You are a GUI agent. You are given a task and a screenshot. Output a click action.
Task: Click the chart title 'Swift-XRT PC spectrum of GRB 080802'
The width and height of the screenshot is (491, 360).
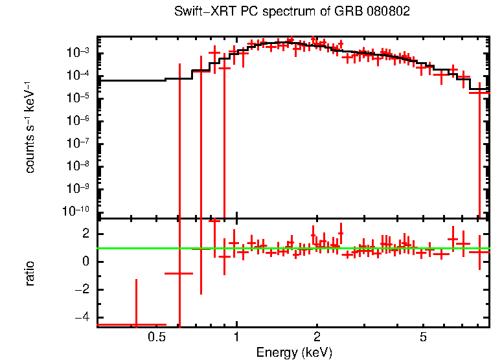pyautogui.click(x=292, y=12)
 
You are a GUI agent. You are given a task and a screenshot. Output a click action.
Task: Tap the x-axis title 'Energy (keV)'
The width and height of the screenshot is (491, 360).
pyautogui.click(x=293, y=352)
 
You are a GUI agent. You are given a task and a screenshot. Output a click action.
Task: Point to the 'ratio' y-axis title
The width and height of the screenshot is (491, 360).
pyautogui.click(x=30, y=273)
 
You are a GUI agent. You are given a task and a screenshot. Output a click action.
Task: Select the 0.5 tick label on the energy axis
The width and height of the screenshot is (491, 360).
pyautogui.click(x=156, y=338)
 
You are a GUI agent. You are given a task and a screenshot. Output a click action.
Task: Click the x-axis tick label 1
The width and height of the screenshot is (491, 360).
pyautogui.click(x=236, y=338)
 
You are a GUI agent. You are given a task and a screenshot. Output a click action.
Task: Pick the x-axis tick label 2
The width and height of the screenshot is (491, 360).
pyautogui.click(x=317, y=338)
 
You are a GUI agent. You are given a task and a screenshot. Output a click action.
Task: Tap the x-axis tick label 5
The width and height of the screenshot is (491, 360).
pyautogui.click(x=423, y=338)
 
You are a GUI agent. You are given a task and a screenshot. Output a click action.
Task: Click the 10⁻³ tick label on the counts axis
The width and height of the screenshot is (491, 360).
pyautogui.click(x=78, y=53)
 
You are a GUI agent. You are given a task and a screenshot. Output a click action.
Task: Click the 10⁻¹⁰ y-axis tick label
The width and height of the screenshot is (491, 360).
pyautogui.click(x=76, y=211)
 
